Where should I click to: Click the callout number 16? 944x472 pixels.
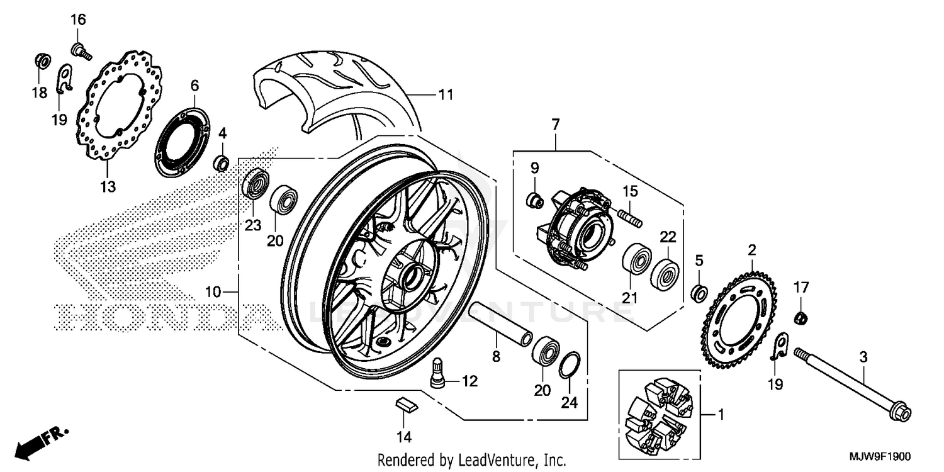[77, 20]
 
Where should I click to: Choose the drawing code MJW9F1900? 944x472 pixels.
[885, 458]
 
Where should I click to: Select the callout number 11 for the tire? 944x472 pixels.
[446, 95]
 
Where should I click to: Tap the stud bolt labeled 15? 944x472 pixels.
[632, 218]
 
